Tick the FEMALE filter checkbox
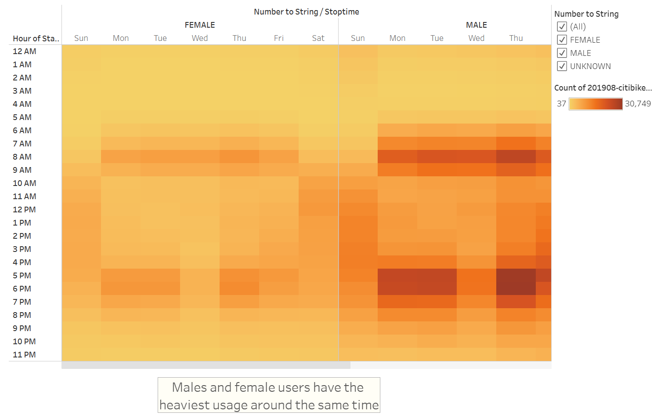point(562,40)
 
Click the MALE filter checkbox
point(562,53)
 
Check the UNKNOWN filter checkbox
point(562,66)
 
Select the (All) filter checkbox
point(562,26)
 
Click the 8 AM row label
point(22,157)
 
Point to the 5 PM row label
point(22,276)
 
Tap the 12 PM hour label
point(24,210)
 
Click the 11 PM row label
point(24,355)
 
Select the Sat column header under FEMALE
point(318,38)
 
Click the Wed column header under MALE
point(477,38)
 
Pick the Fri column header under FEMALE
point(279,38)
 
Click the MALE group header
point(477,25)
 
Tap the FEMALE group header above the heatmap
point(200,25)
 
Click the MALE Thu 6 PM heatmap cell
point(516,289)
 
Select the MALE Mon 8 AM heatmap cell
point(397,157)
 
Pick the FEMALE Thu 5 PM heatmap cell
point(239,276)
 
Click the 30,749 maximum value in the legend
point(638,104)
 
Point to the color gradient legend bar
point(596,104)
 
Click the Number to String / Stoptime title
point(307,12)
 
